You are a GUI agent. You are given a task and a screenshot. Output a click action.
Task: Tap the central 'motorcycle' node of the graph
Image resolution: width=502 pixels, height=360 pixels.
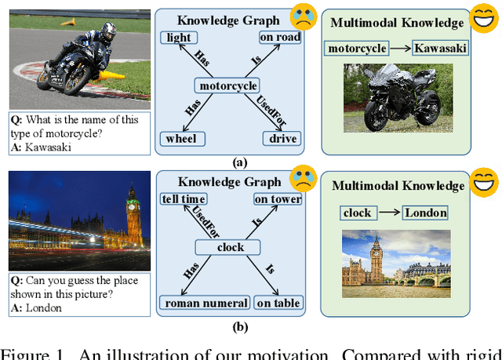pyautogui.click(x=227, y=85)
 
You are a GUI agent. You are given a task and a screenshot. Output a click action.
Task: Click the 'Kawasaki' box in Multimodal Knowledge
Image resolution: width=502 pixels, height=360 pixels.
pyautogui.click(x=441, y=49)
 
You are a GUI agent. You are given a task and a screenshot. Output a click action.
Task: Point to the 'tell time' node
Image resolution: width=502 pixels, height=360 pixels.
pyautogui.click(x=183, y=199)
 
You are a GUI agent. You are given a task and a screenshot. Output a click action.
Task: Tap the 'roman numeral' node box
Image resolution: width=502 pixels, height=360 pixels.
pyautogui.click(x=205, y=303)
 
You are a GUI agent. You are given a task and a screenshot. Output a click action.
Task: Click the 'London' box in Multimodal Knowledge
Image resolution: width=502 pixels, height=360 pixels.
pyautogui.click(x=426, y=212)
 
